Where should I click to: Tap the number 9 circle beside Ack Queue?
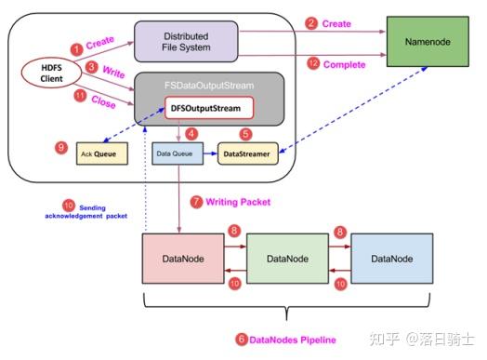click(x=60, y=147)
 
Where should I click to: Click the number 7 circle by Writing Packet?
click(x=195, y=200)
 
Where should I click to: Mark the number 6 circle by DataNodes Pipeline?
click(x=242, y=340)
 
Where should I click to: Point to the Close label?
click(x=103, y=104)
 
